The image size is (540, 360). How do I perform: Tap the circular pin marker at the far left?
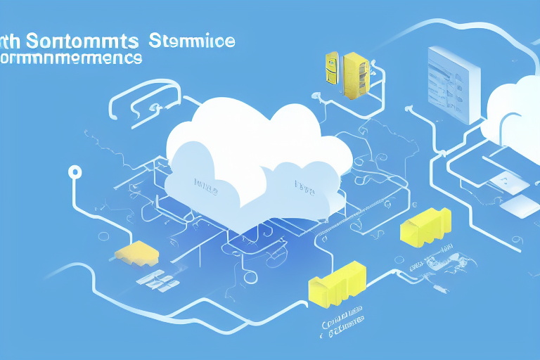point(72,172)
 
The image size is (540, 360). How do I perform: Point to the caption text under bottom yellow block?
point(341,316)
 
